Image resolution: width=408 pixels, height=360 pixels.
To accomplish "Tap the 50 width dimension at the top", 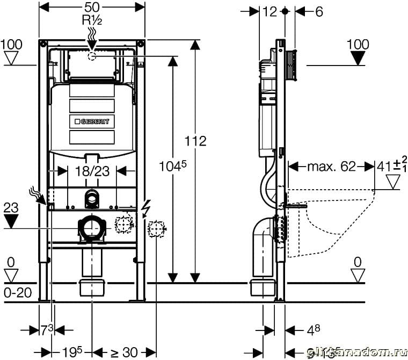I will tap(92, 8).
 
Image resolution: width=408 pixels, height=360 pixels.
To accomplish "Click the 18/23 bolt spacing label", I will tap(92, 171).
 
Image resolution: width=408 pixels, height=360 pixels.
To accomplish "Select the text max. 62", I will tap(331, 167).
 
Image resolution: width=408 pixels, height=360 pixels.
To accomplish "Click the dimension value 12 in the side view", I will tap(270, 11).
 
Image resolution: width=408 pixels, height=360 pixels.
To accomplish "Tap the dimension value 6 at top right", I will tap(319, 11).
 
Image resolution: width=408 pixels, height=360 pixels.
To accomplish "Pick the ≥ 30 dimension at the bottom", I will tap(124, 352).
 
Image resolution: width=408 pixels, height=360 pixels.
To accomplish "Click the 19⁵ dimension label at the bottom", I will tap(71, 352).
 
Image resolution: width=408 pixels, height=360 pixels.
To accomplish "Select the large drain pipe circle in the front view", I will tap(92, 228).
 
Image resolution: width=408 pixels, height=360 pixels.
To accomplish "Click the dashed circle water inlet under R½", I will tap(92, 55).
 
